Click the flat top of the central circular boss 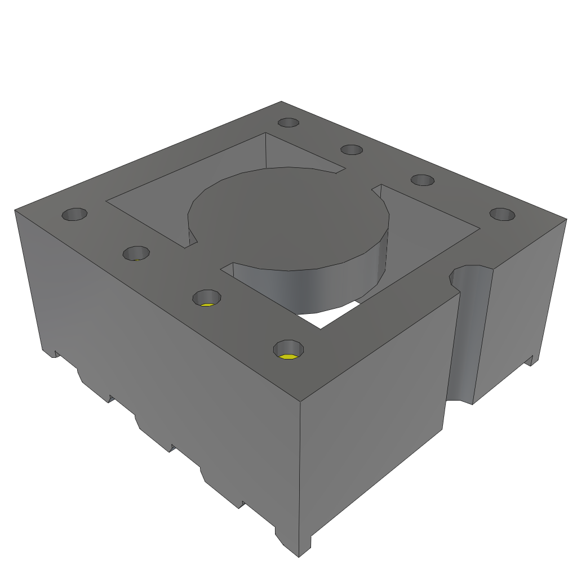pyautogui.click(x=287, y=217)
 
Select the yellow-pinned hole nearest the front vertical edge pyautogui.click(x=288, y=350)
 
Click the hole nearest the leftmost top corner pyautogui.click(x=74, y=215)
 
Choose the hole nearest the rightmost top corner pyautogui.click(x=502, y=215)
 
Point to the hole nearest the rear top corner pyautogui.click(x=288, y=123)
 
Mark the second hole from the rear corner pyautogui.click(x=352, y=150)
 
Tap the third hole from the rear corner pyautogui.click(x=422, y=180)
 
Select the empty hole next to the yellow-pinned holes pyautogui.click(x=136, y=254)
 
